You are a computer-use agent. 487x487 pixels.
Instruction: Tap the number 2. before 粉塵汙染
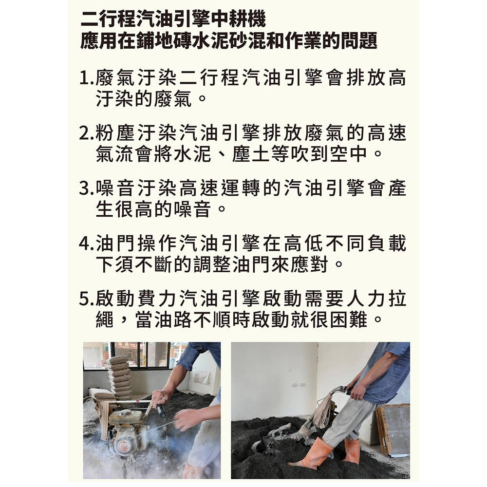(x=86, y=133)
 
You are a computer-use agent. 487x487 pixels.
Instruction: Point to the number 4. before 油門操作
(x=86, y=243)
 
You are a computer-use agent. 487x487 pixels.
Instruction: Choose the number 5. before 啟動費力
(x=86, y=299)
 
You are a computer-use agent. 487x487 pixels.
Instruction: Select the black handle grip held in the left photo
(x=161, y=411)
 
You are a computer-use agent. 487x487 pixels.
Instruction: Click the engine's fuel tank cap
(x=125, y=413)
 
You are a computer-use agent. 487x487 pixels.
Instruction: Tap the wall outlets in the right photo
(x=299, y=385)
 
